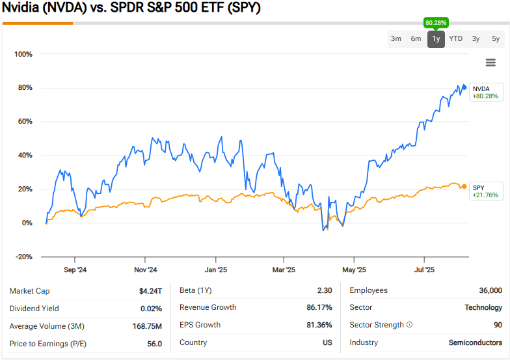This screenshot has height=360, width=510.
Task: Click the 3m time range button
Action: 396,39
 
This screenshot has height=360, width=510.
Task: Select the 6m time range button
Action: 416,39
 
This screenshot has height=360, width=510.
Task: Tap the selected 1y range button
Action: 436,39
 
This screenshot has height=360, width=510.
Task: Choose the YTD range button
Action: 456,39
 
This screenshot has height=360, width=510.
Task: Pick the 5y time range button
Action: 496,39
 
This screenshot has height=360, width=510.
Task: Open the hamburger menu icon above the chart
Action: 490,62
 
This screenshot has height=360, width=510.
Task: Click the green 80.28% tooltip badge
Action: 436,23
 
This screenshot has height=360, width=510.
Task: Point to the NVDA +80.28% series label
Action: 485,92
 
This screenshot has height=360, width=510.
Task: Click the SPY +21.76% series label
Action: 485,191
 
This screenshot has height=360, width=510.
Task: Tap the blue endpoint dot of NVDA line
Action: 464,87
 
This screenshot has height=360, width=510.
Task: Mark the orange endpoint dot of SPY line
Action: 463,187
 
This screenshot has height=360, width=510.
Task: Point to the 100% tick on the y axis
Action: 23,54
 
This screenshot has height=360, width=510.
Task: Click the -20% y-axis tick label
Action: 23,257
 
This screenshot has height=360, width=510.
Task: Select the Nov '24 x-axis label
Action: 146,270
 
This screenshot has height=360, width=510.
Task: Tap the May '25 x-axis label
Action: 354,270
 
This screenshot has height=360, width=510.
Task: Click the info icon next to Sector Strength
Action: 410,325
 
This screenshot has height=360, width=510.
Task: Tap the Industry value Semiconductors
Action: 475,342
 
